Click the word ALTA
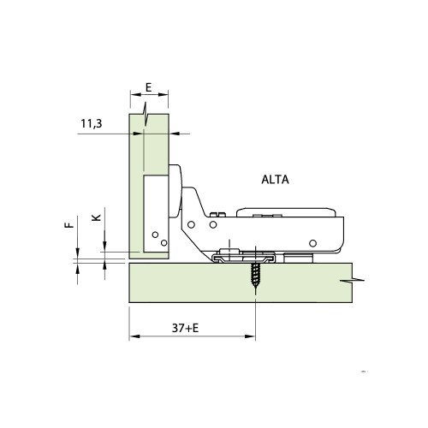pyautogui.click(x=275, y=180)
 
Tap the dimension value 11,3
pyautogui.click(x=92, y=125)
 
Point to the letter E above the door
pyautogui.click(x=148, y=87)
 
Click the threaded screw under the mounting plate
pyautogui.click(x=254, y=277)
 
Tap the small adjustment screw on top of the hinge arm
pyautogui.click(x=218, y=214)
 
